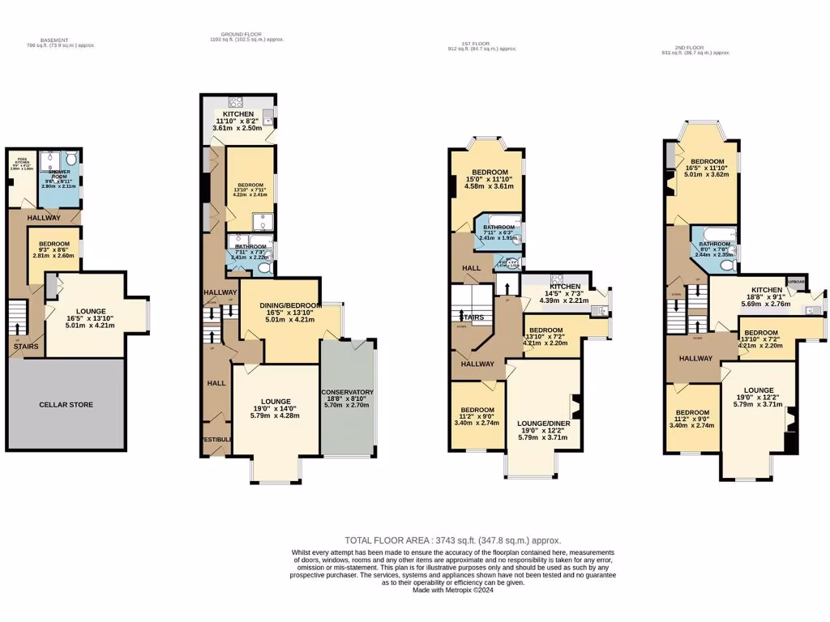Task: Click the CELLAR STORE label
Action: click(66, 404)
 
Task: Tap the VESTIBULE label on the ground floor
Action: click(216, 440)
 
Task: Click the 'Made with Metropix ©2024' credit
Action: click(453, 590)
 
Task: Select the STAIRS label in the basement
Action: click(22, 346)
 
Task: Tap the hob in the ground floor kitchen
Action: click(237, 102)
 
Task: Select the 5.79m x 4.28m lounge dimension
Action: click(275, 415)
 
